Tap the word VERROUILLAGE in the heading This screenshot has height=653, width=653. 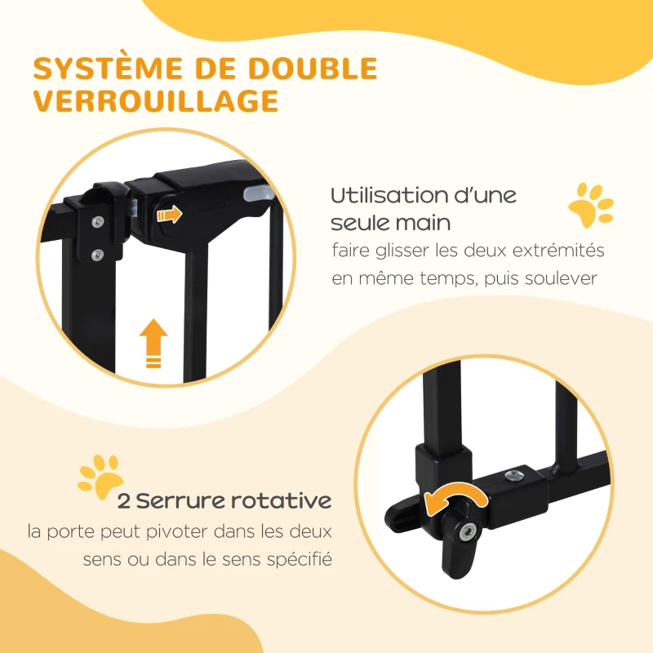(155, 101)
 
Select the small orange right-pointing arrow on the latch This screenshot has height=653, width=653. (170, 215)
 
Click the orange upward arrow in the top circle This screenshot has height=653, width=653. (153, 343)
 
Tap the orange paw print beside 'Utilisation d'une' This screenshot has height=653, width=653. (589, 207)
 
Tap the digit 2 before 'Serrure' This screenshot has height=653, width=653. (125, 500)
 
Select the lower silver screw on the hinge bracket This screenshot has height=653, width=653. (97, 252)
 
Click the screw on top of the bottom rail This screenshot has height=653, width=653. (515, 473)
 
